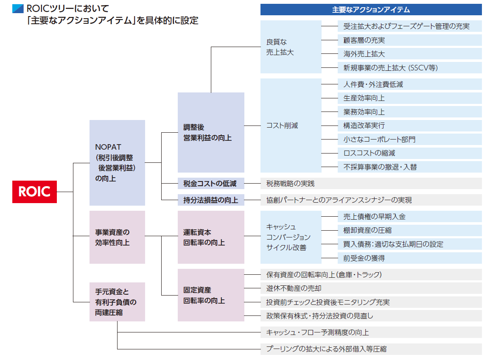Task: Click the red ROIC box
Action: coord(34,192)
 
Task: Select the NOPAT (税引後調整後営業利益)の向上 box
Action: coord(117,163)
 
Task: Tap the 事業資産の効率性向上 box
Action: coord(117,237)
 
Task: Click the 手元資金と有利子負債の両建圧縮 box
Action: coord(117,302)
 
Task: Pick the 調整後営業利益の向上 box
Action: coord(211,132)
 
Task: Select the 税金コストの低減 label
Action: coord(211,184)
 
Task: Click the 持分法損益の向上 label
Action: coord(211,200)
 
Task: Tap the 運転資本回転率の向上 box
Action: coord(211,237)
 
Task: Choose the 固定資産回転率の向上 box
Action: coord(211,295)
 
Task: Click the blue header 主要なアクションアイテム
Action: coord(371,9)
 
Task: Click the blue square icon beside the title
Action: coord(18,8)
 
